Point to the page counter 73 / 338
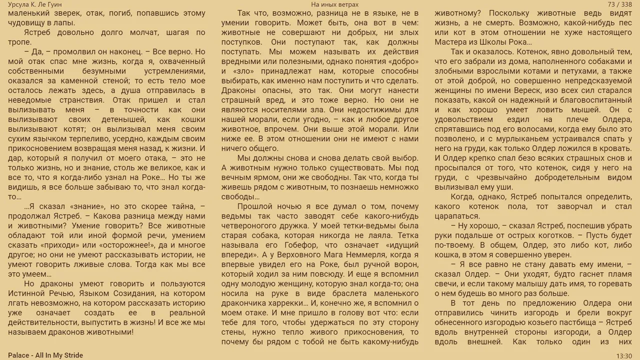tap(619, 4)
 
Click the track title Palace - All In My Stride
tap(45, 355)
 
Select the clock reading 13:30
tap(623, 355)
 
